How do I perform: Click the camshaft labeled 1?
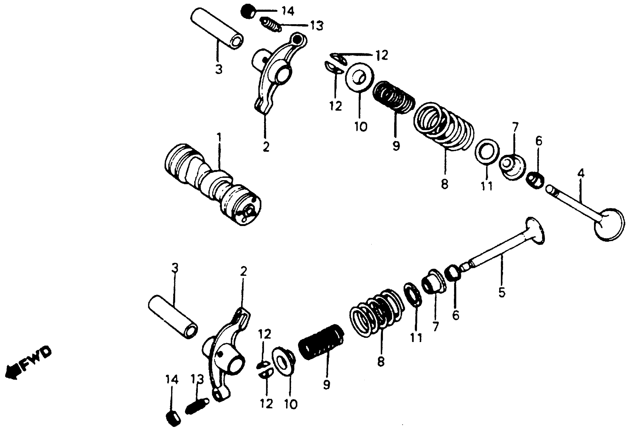click(x=212, y=185)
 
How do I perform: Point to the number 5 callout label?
click(x=502, y=292)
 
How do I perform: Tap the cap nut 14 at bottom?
click(x=173, y=418)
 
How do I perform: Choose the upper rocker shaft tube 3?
click(x=216, y=28)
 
